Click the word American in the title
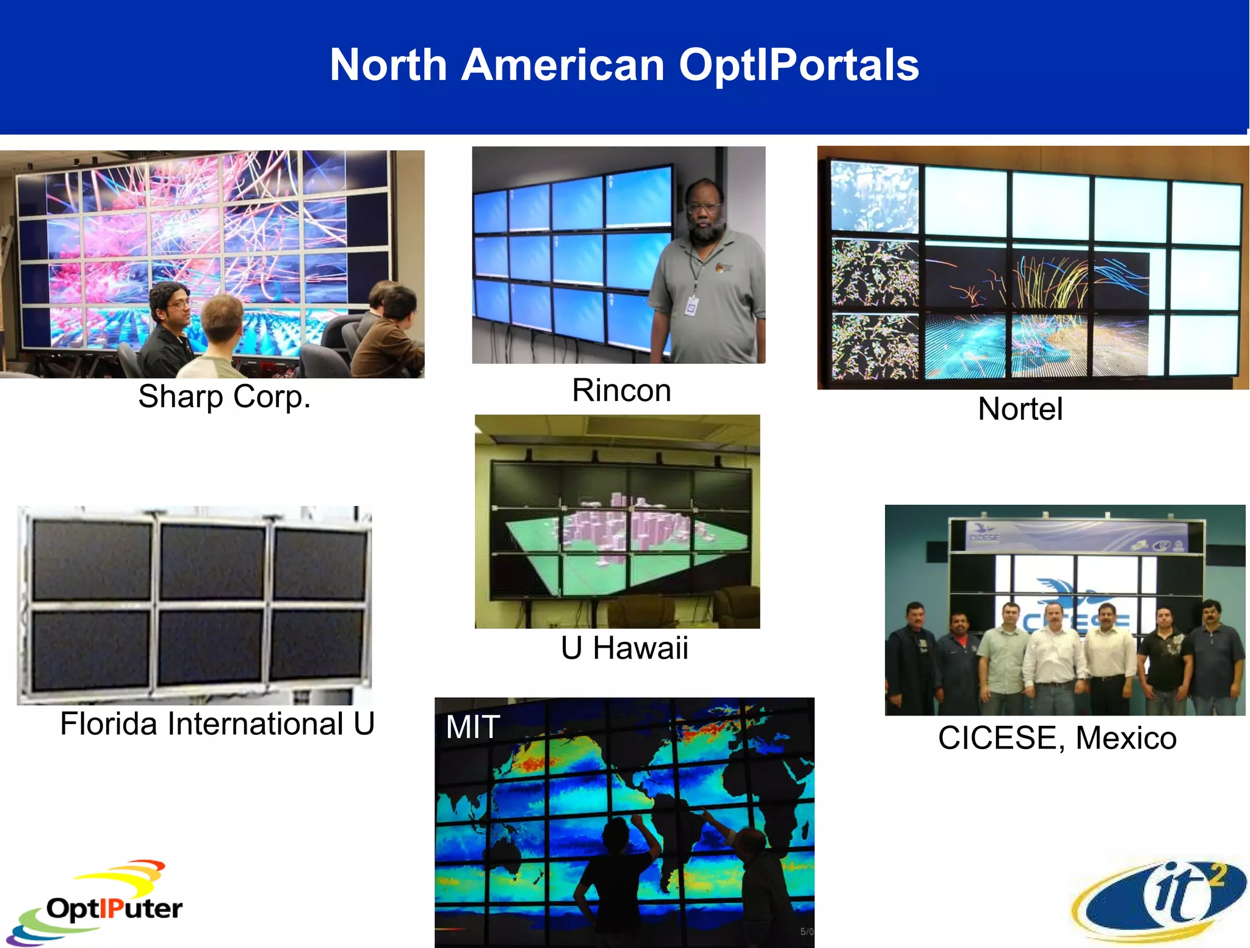(562, 65)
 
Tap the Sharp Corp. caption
(224, 397)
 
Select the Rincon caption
(621, 391)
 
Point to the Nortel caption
(1020, 409)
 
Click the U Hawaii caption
(624, 648)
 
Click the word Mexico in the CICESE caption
(1125, 738)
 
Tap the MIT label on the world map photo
(472, 727)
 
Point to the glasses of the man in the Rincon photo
(703, 208)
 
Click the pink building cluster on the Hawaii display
(629, 525)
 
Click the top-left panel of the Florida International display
(92, 559)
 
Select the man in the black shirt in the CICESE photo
(1165, 659)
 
